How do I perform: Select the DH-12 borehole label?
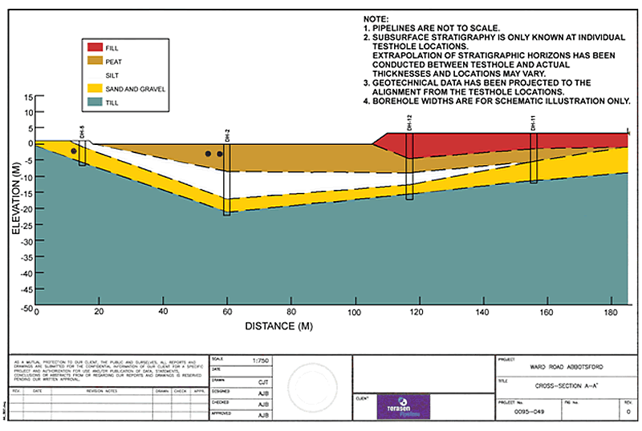(409, 122)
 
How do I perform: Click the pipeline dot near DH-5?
(74, 151)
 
